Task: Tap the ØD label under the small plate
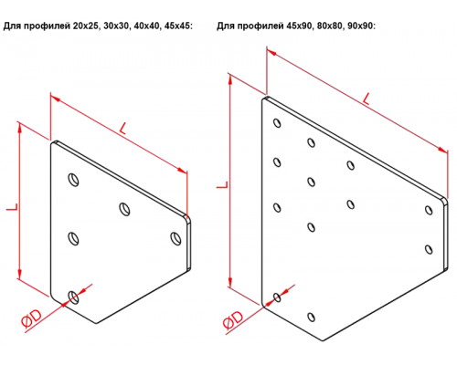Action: coord(32,319)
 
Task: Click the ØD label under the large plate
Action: coord(233,320)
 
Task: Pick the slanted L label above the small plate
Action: coord(122,129)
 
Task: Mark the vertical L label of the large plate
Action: coord(222,184)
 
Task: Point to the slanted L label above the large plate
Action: coord(367,99)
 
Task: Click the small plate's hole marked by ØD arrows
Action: coord(73,297)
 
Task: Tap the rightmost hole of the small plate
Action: coord(175,238)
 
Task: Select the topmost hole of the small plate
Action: coord(73,180)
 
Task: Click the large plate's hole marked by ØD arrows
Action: coord(277,297)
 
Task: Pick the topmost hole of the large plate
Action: coord(277,123)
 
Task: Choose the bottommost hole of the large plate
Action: coord(311,317)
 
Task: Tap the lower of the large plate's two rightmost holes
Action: coord(429,249)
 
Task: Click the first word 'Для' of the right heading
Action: coord(226,26)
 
